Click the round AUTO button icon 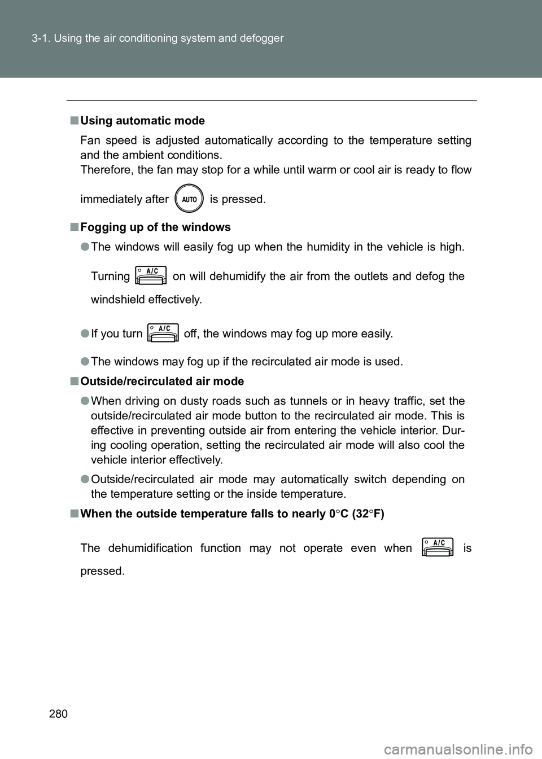189,199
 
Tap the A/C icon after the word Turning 151,275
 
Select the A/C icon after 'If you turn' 163,333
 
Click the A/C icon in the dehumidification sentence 438,547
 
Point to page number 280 58,714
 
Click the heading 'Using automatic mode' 142,121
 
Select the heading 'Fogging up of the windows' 155,227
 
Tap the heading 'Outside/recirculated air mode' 162,381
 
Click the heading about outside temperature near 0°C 232,514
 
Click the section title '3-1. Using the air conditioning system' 158,38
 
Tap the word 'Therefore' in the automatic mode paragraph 106,170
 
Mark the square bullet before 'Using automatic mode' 75,121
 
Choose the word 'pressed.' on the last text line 102,571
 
